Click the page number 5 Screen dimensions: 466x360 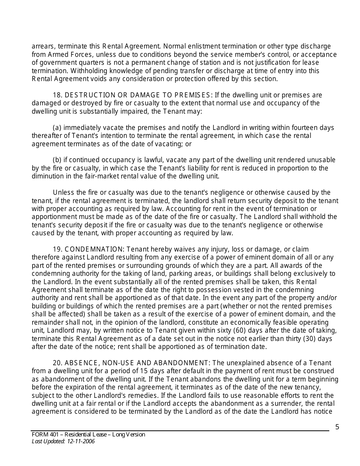pos(337,427)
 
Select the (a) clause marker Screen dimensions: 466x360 pos(57,128)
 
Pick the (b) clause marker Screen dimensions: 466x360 pos(57,160)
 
